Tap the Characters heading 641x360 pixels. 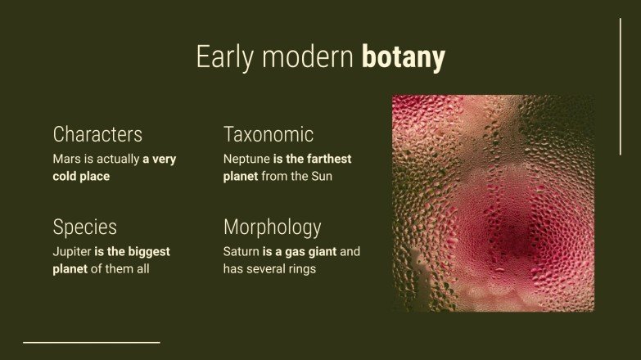[97, 134]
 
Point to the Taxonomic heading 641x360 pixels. [269, 134]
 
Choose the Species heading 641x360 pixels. [84, 227]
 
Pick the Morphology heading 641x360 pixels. [272, 227]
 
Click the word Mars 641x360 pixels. [67, 160]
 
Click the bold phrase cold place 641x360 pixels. [81, 176]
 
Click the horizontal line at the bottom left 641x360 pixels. [91, 342]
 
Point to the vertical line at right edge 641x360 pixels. [620, 86]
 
